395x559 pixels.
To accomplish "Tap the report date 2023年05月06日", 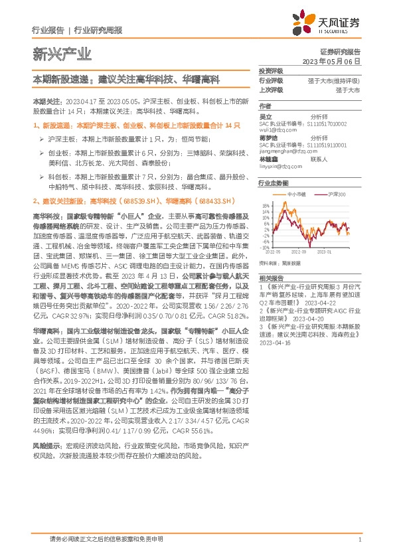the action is pyautogui.click(x=332, y=60).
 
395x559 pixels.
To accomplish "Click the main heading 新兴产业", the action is pyautogui.click(x=62, y=54).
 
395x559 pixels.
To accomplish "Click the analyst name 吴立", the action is pyautogui.click(x=265, y=116).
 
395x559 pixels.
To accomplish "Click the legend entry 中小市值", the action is pyautogui.click(x=297, y=195).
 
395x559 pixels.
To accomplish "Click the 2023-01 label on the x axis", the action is pyautogui.click(x=325, y=253).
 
